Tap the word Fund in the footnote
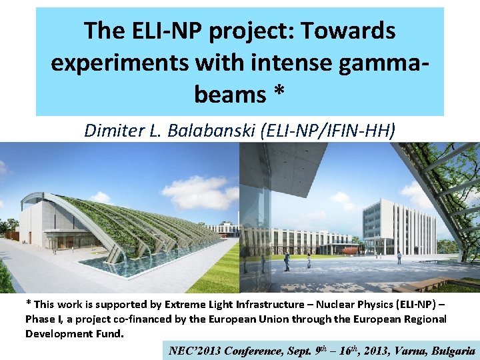109,333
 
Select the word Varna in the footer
410,351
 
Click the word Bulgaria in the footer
453,351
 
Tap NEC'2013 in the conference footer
195,351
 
